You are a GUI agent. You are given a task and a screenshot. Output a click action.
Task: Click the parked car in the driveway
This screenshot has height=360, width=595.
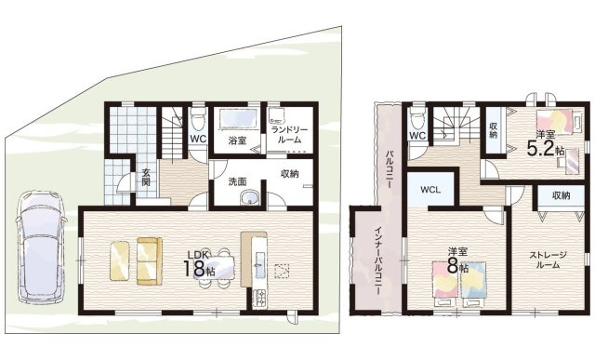pos(41,247)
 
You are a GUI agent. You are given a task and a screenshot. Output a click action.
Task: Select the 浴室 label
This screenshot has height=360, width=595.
pos(237,140)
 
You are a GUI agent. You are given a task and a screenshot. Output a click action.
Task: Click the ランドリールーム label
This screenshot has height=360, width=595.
pos(290,135)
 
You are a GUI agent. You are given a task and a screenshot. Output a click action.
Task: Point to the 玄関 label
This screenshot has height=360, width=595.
pos(146,178)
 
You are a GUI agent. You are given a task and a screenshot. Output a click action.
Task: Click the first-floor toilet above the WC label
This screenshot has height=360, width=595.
pos(198,117)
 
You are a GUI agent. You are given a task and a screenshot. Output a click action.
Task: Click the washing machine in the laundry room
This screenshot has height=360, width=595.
pos(278,115)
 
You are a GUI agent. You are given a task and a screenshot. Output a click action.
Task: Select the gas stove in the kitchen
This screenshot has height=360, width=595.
pos(260,298)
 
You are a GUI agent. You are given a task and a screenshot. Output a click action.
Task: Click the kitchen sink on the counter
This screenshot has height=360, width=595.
pos(260,261)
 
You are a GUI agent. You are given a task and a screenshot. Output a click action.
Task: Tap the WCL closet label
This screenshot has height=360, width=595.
pos(430,190)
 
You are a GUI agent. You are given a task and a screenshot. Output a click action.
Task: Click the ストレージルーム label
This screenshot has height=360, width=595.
pos(548,260)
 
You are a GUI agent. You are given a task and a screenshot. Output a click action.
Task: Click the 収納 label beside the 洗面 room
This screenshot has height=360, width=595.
pos(290,174)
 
